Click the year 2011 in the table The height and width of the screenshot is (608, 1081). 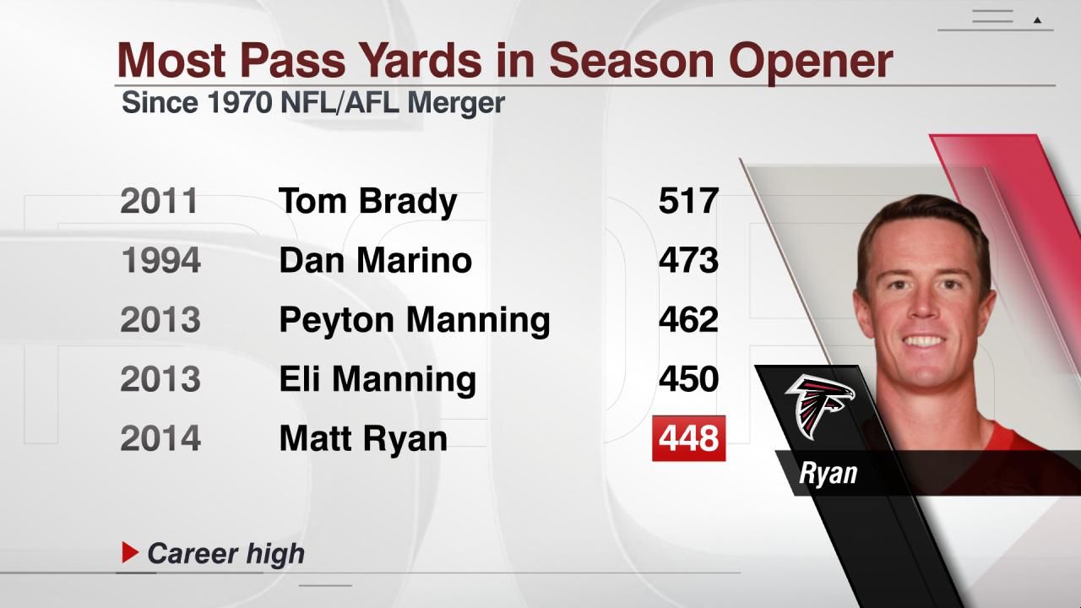(x=159, y=201)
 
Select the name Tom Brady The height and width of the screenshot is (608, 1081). (x=367, y=201)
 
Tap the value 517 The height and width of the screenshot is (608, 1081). (x=688, y=201)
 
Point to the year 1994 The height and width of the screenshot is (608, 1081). (x=160, y=260)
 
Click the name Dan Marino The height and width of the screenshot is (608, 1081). (x=375, y=260)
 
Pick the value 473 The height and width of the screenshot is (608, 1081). (x=688, y=260)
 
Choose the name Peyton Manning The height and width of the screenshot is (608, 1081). (x=414, y=320)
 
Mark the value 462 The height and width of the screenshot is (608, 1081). (x=688, y=320)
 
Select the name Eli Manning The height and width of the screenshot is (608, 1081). (x=378, y=379)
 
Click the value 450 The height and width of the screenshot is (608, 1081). (x=688, y=379)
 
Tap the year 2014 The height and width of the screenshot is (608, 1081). (x=160, y=438)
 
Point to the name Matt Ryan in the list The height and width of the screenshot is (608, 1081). (x=363, y=438)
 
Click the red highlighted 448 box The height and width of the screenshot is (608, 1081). (x=688, y=438)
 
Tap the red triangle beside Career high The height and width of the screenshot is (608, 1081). (x=129, y=553)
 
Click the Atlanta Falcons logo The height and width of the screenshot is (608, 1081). (x=818, y=405)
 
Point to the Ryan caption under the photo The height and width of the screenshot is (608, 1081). (x=828, y=473)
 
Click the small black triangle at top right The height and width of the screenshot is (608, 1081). (x=1038, y=19)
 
